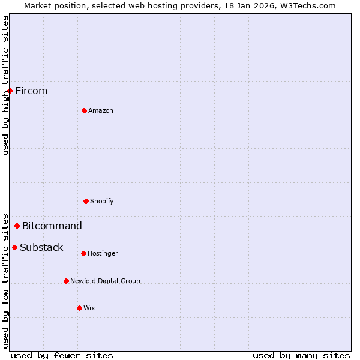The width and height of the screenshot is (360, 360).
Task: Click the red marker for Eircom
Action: pos(10,91)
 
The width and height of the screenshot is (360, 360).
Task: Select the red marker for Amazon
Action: pos(84,110)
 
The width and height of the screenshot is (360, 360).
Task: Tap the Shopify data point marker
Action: pos(86,201)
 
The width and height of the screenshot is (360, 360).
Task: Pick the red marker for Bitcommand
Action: pos(17,226)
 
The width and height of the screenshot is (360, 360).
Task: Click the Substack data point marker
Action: pos(15,248)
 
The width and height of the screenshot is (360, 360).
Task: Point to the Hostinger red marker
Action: pos(83,253)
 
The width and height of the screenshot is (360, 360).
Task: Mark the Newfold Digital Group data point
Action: pos(66,281)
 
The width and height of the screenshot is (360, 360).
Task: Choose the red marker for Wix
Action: pos(79,308)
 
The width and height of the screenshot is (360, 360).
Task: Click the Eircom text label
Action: pos(31,91)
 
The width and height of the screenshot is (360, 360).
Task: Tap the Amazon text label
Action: pos(101,111)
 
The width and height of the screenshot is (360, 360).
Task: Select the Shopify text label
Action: pos(102,202)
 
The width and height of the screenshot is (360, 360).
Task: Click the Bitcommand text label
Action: pos(52,226)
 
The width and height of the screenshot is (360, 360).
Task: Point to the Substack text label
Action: pos(41,248)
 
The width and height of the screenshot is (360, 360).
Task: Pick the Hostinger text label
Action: pos(103,254)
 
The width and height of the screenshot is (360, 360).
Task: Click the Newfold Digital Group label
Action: pos(105,281)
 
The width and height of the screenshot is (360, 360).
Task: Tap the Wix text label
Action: pos(89,308)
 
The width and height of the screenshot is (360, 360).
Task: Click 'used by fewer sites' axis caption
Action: pos(62,356)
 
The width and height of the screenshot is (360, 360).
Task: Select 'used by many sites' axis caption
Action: pos(301,356)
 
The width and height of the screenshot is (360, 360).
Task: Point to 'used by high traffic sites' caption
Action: pos(6,85)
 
